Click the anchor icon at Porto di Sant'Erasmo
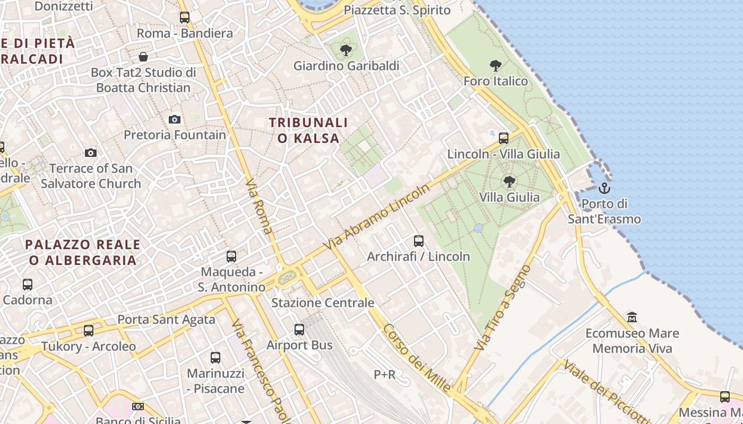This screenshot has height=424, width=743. point(604,188)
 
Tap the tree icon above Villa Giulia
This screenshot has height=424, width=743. point(509,182)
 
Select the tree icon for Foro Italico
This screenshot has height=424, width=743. point(496,66)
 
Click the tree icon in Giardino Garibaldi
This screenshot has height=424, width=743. point(345,51)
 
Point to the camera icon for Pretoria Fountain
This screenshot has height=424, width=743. point(174,120)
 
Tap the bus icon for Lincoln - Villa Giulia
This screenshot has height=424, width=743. point(503,138)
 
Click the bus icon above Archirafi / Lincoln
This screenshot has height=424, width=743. point(418,241)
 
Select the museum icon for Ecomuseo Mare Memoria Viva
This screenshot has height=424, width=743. point(632,317)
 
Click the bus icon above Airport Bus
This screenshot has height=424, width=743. point(299,330)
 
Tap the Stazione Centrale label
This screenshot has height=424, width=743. point(323,303)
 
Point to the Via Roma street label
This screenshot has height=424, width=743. point(259,207)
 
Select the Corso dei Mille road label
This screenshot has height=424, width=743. point(417,358)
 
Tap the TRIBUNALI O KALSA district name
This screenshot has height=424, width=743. point(308,130)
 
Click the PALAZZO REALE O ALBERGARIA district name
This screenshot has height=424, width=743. point(83,252)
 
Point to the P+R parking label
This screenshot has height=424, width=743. point(384,375)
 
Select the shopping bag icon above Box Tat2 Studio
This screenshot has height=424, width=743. point(143,57)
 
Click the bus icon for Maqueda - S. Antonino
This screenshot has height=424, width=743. point(231,257)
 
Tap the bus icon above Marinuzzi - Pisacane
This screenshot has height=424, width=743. point(215,358)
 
